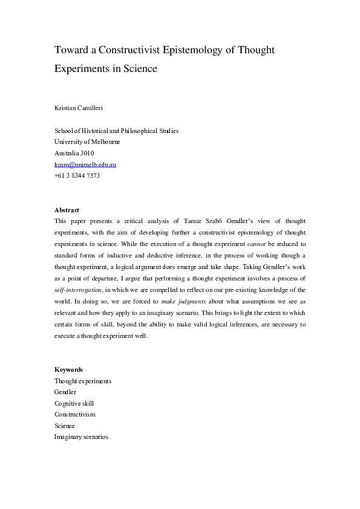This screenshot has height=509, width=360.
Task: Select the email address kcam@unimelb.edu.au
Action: (85, 164)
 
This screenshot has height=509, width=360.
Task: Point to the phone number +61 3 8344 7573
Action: (77, 176)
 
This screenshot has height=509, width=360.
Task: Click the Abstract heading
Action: (67, 210)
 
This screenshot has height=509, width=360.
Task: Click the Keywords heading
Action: (68, 369)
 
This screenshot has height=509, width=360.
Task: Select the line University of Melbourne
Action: (87, 141)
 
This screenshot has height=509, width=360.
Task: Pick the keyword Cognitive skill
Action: (74, 403)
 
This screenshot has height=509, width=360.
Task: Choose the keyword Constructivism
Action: (75, 414)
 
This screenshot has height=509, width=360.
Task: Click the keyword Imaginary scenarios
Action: (81, 436)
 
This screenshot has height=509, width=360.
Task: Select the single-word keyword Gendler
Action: (65, 392)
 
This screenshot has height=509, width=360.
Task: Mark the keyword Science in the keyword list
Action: (65, 426)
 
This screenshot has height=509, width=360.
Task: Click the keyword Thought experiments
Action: (82, 381)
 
